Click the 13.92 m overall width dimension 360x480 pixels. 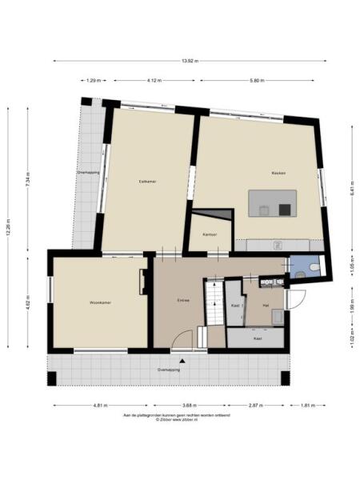[190, 61]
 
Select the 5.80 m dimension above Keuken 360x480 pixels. [256, 81]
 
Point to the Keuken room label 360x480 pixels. [278, 173]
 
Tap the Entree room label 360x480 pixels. [182, 301]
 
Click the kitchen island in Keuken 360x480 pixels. [273, 203]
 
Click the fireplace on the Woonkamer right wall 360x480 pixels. [144, 281]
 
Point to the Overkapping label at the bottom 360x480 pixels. [168, 370]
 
